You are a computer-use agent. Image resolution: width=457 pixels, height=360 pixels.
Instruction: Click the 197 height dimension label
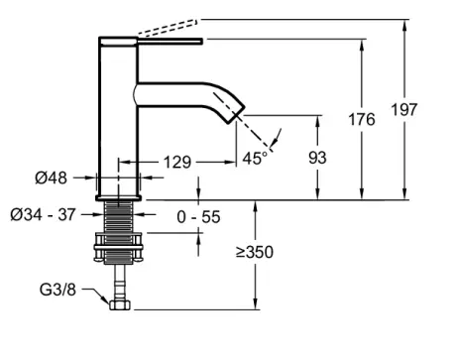[403, 109]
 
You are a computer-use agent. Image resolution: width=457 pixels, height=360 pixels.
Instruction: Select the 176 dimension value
[362, 119]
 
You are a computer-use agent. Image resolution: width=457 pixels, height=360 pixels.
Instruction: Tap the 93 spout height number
[317, 158]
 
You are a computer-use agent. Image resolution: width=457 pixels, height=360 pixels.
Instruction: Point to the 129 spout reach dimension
[177, 162]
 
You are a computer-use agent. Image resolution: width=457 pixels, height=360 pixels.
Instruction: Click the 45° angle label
[255, 158]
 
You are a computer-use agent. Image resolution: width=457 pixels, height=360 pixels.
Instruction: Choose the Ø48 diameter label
[52, 178]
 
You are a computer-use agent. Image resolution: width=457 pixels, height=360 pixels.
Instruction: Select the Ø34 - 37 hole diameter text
[44, 215]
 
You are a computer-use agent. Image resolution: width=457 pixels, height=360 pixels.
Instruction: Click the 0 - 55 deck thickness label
[198, 217]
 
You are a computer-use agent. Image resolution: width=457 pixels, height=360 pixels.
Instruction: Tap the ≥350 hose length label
[255, 252]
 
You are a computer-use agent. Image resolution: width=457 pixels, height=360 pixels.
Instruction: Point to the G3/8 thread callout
[57, 290]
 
